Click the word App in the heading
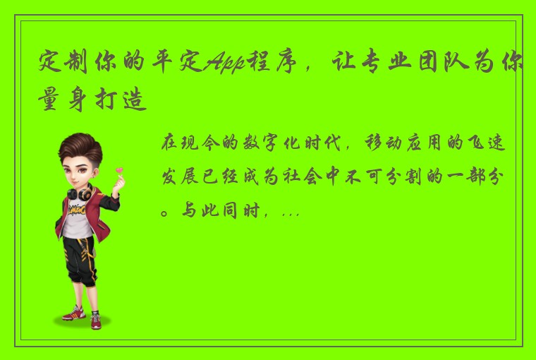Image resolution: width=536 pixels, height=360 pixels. coord(222,64)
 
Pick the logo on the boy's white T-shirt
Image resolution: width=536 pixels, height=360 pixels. coord(79,210)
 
